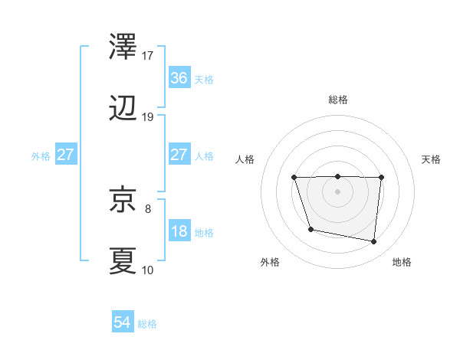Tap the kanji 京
coord(124,201)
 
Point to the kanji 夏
coord(124,260)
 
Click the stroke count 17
coord(148,56)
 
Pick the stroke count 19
coord(148,116)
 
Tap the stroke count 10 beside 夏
coord(148,269)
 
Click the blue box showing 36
coord(179,78)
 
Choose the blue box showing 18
coord(179,231)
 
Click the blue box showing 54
coord(122,323)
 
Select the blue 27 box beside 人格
coord(179,155)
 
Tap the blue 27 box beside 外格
coord(65,155)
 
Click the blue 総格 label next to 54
coord(147,324)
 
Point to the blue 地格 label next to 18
coord(204,232)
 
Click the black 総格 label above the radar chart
coord(338,100)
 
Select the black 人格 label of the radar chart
coord(245,159)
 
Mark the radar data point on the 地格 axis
coord(373,242)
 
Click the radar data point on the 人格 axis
coord(294,178)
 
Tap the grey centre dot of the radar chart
coord(337,191)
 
